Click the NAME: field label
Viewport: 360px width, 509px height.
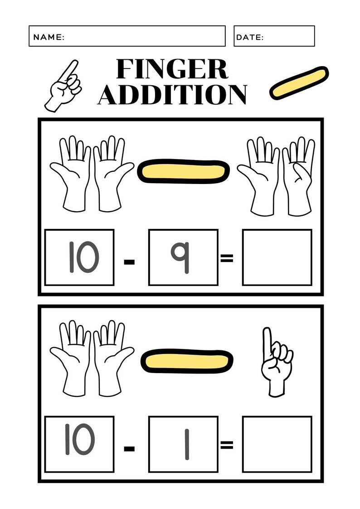pyautogui.click(x=49, y=37)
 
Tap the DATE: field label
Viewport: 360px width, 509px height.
pyautogui.click(x=250, y=37)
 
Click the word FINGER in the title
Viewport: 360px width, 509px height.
pyautogui.click(x=172, y=69)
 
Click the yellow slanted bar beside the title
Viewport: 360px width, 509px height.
pyautogui.click(x=298, y=83)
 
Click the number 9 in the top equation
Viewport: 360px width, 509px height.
pyautogui.click(x=183, y=257)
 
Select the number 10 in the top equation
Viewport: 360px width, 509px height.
pyautogui.click(x=80, y=257)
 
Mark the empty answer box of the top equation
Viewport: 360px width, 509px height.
pyautogui.click(x=277, y=257)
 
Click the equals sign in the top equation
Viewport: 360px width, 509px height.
pyautogui.click(x=226, y=258)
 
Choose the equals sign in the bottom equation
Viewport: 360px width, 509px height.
pyautogui.click(x=226, y=445)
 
